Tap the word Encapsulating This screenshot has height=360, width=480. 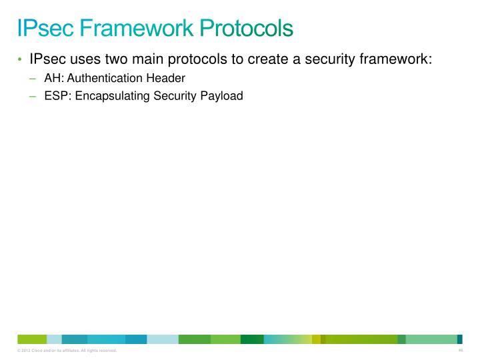coord(113,96)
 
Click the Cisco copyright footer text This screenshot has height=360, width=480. coord(67,351)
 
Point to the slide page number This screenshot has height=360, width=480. coord(460,350)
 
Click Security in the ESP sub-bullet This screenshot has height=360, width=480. coord(175,96)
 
